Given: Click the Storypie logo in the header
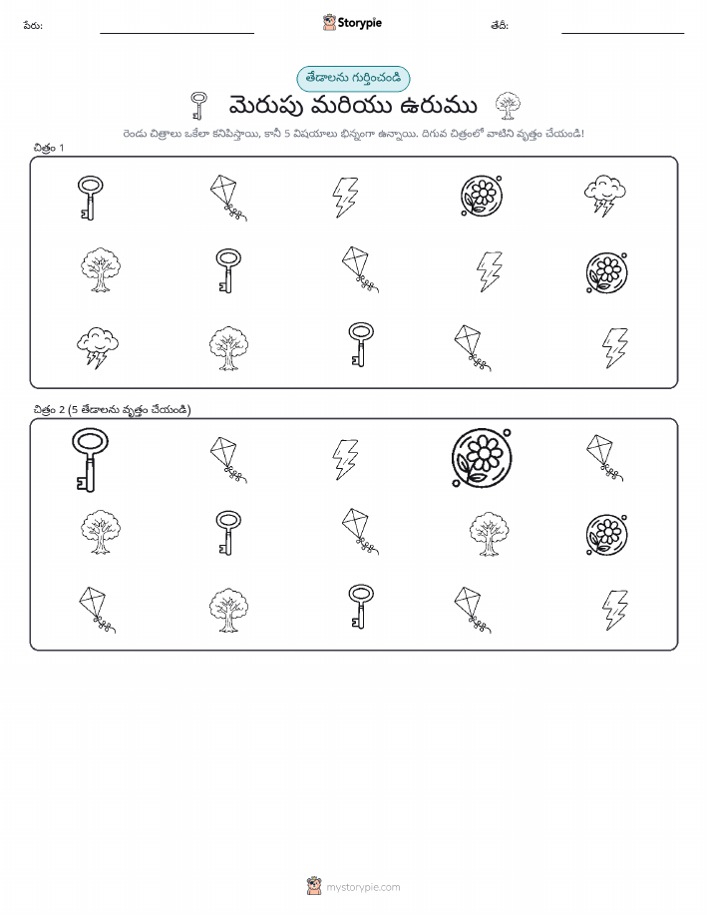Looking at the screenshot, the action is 352,23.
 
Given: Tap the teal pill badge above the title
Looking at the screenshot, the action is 353,79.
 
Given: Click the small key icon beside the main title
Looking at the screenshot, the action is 198,106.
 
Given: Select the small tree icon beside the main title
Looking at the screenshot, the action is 508,106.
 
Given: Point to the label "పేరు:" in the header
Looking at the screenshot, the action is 33,26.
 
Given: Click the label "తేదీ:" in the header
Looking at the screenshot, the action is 500,26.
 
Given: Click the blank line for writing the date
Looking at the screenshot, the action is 622,33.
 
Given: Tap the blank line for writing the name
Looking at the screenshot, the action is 177,33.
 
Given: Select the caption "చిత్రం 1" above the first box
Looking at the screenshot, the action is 49,149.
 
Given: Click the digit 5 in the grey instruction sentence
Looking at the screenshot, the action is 287,134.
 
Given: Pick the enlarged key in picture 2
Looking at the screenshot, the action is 90,460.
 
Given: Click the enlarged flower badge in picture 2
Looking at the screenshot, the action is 482,458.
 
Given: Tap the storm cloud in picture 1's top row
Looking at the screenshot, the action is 605,196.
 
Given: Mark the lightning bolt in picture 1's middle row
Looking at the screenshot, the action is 490,271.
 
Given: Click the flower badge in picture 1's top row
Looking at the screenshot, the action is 482,196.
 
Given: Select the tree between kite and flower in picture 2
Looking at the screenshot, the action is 489,534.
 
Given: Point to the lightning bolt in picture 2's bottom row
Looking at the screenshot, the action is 615,610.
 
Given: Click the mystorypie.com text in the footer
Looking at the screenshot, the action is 363,887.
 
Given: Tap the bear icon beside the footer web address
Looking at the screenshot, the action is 314,886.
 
